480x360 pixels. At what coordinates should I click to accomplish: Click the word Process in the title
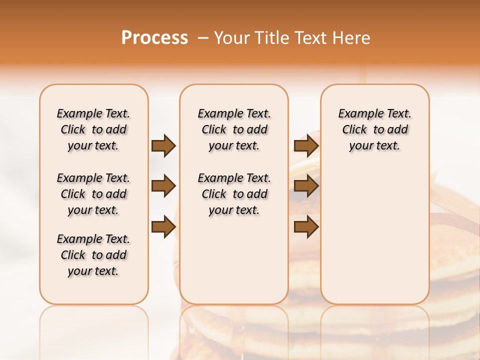(154, 38)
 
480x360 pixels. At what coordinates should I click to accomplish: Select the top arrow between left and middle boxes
(163, 146)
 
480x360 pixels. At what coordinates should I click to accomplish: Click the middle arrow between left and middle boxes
(163, 186)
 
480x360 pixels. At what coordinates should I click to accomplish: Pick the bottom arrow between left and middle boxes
(163, 227)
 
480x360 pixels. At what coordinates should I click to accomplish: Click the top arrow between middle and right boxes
(306, 146)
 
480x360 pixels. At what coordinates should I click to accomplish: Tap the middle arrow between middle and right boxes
(306, 186)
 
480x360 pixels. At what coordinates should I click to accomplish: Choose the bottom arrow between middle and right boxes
(306, 227)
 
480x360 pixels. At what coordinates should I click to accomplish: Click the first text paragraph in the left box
(93, 129)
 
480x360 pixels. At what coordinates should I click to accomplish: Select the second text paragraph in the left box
(93, 194)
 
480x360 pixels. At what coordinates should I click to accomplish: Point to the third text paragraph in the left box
(93, 255)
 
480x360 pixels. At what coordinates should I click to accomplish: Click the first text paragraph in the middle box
(234, 129)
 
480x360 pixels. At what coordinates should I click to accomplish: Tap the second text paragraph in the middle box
(234, 194)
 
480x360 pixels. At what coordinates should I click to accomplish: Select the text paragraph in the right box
(374, 129)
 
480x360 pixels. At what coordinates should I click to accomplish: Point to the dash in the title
(203, 38)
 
